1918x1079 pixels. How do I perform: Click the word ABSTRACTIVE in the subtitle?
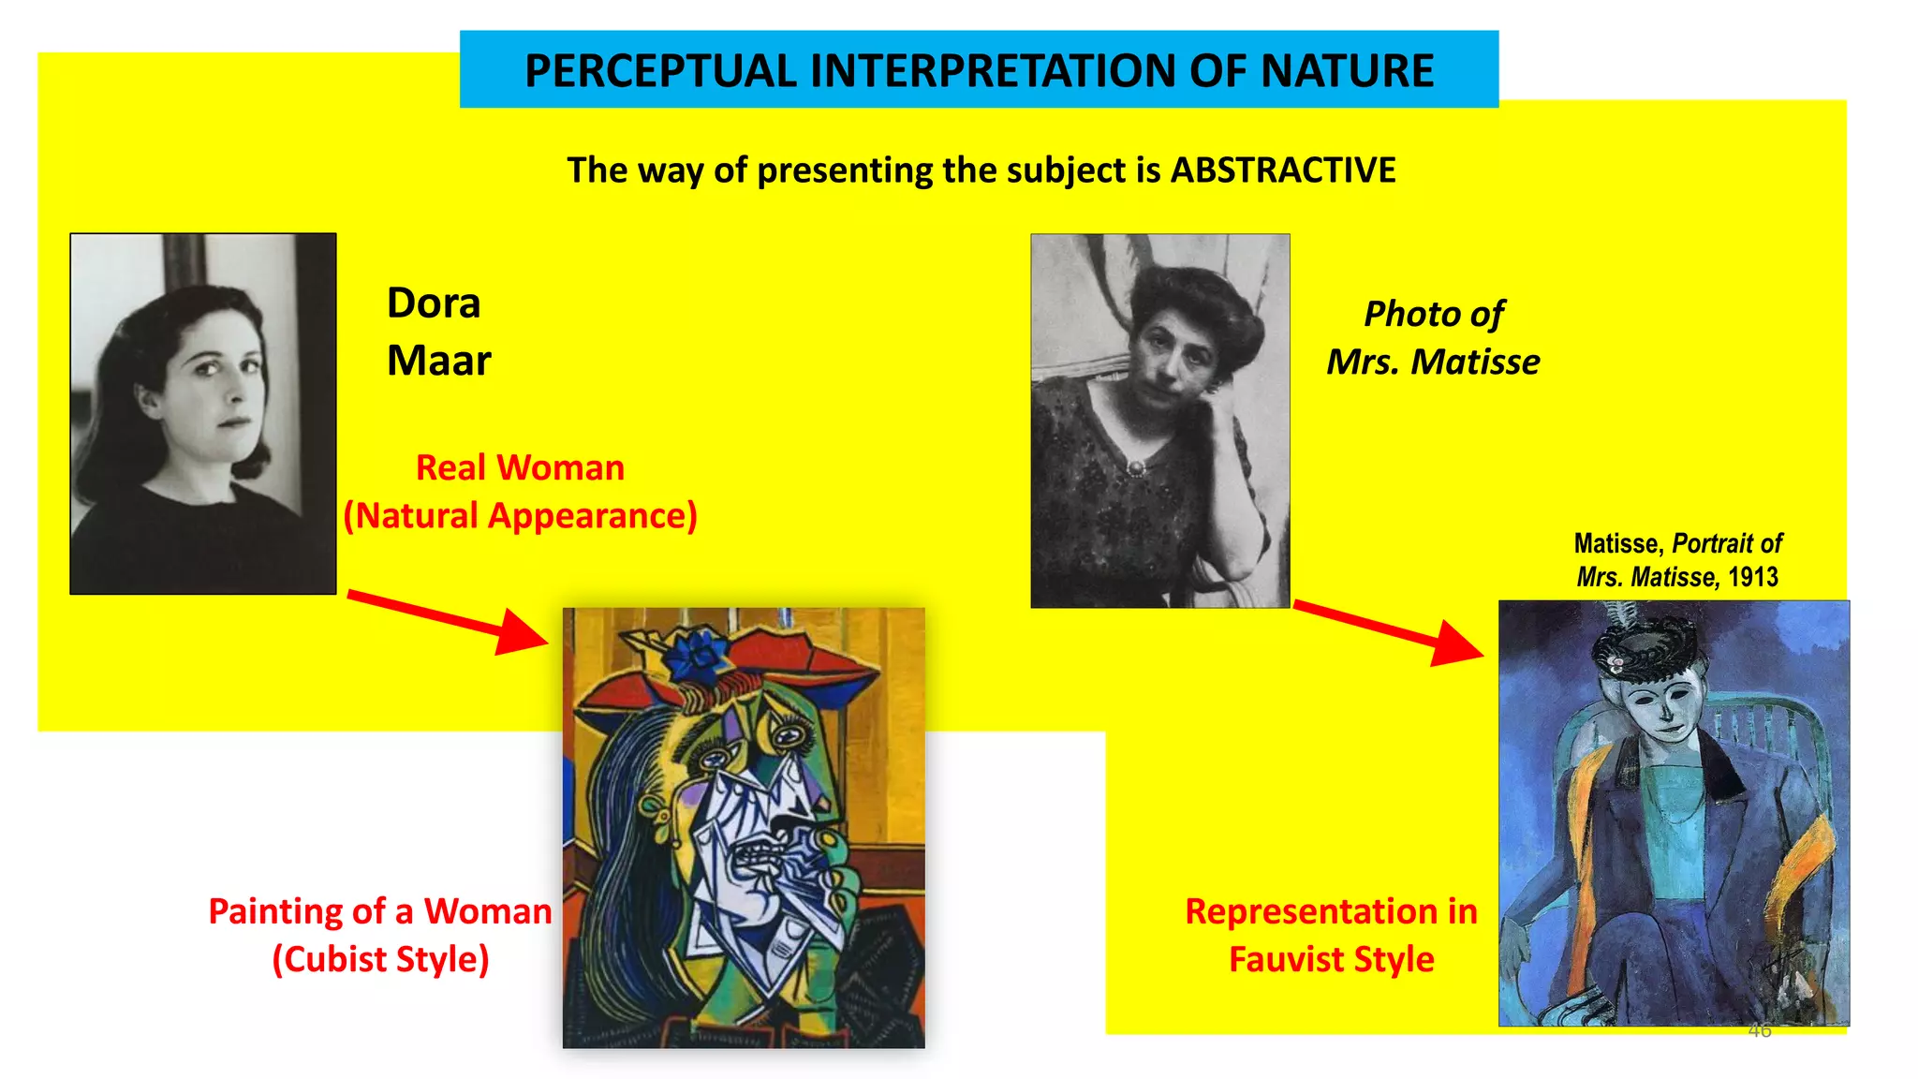point(1283,170)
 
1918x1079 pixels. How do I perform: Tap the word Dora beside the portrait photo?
point(434,303)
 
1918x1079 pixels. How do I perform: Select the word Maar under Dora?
point(438,361)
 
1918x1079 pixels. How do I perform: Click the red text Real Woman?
point(520,467)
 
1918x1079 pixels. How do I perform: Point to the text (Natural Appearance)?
point(520,516)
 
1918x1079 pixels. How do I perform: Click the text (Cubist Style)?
point(380,959)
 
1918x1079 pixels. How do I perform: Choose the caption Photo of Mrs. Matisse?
point(1433,337)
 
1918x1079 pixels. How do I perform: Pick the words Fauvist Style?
point(1331,959)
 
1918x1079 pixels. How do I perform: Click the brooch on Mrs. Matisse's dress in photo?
point(1136,466)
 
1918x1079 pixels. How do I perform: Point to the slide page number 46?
point(1760,1030)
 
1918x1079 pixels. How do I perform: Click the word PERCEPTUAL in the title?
point(660,71)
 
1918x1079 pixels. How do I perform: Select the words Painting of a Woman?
point(380,911)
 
